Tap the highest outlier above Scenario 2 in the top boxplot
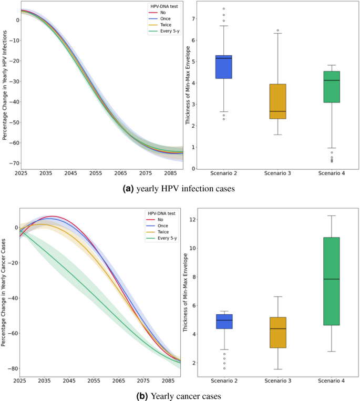tap(224, 9)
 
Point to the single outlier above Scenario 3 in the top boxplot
tap(277, 30)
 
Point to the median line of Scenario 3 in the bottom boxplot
tap(277, 328)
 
